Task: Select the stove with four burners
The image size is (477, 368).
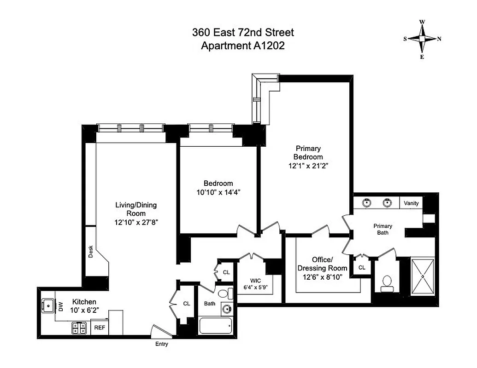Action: click(79, 328)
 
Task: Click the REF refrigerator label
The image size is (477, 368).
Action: click(100, 328)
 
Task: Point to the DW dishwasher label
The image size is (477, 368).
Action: click(61, 307)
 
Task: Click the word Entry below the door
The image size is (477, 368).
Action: click(161, 344)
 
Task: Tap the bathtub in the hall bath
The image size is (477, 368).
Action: click(215, 326)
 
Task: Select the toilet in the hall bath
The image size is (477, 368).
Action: click(224, 294)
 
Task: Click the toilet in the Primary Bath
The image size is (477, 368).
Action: click(387, 283)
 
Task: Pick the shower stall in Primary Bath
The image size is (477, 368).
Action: click(422, 276)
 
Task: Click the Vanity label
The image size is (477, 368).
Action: click(411, 203)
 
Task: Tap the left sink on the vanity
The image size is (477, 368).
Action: click(367, 202)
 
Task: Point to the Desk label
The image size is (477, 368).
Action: click(91, 250)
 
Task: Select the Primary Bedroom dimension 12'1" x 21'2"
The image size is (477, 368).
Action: click(308, 165)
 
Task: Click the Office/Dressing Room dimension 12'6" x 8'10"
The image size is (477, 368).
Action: click(322, 276)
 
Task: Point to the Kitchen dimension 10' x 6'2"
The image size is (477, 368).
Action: click(84, 310)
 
